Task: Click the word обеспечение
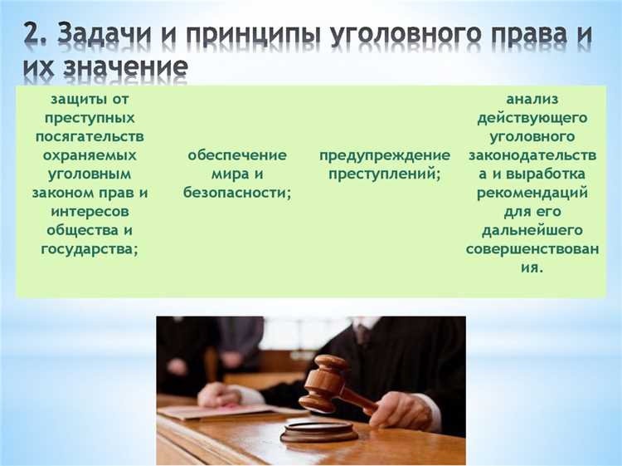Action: click(237, 155)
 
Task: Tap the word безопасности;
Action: click(237, 193)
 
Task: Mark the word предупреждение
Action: click(385, 155)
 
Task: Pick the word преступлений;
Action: click(385, 174)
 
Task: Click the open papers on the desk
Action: click(207, 410)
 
